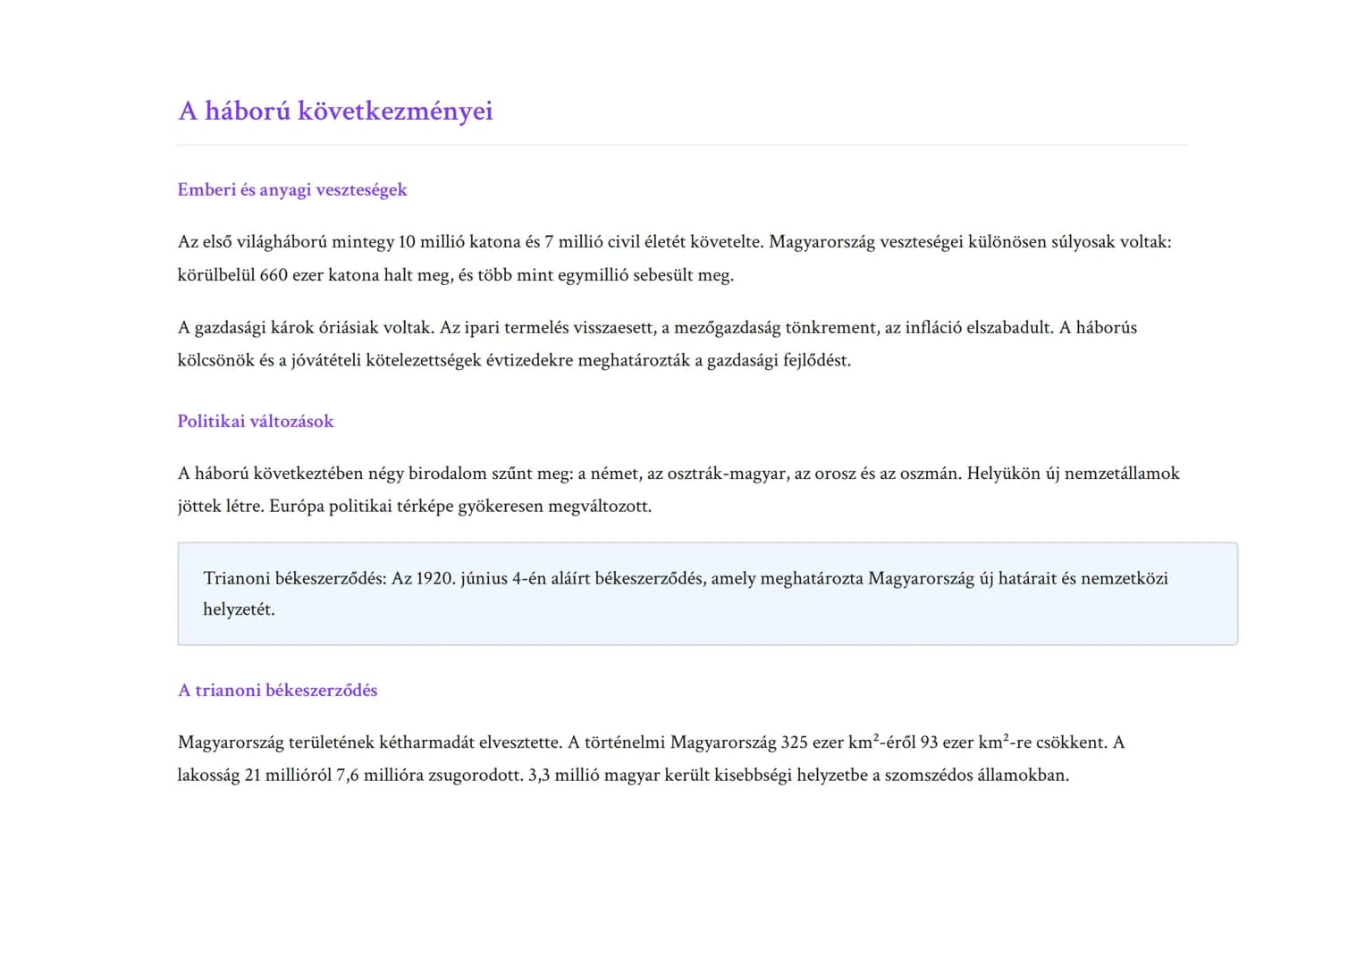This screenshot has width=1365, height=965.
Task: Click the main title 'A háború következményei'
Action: pyautogui.click(x=335, y=111)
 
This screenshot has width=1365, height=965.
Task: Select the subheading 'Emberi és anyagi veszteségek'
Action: pyautogui.click(x=292, y=189)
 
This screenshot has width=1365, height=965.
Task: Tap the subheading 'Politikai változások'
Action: pyautogui.click(x=256, y=421)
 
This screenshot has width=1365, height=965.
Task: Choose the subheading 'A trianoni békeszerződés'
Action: pyautogui.click(x=277, y=690)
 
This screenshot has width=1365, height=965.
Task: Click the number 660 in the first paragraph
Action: pyautogui.click(x=274, y=275)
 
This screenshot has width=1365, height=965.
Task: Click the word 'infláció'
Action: pyautogui.click(x=933, y=328)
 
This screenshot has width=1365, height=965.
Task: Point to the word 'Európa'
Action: pyautogui.click(x=297, y=507)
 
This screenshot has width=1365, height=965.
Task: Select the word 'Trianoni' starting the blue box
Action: pyautogui.click(x=236, y=579)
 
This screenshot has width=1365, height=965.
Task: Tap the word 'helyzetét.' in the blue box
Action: pyautogui.click(x=239, y=609)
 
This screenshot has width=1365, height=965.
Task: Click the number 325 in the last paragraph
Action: pyautogui.click(x=795, y=743)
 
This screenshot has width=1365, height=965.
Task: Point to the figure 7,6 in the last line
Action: pyautogui.click(x=347, y=776)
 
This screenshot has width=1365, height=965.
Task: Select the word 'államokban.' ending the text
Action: pyautogui.click(x=1023, y=776)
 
